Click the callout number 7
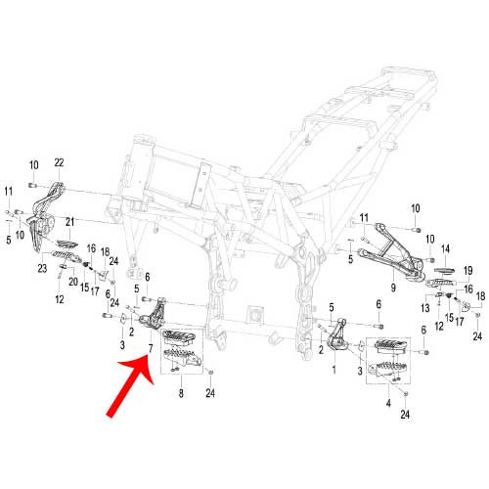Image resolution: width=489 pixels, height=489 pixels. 151,349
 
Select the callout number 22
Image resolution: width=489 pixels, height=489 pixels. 59,162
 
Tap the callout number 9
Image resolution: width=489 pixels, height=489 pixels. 393,288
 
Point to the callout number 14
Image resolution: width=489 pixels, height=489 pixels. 445,249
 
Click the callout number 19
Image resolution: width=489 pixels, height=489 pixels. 468,271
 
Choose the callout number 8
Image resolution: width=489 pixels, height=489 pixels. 181,393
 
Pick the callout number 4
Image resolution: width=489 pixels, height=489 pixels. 388,403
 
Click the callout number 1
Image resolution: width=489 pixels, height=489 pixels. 333,370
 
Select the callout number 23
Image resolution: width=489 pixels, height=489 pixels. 42,268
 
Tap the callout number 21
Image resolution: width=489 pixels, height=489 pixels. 69,222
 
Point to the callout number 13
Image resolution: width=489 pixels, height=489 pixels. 425,308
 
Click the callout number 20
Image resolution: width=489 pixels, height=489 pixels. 73,282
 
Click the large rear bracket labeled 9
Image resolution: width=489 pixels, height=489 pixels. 391,251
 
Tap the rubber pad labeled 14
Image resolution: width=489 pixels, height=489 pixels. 444,271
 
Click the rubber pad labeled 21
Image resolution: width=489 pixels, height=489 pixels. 67,244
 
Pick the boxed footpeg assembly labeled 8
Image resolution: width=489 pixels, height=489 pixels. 182,351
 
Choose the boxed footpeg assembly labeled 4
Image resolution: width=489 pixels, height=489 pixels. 388,361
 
